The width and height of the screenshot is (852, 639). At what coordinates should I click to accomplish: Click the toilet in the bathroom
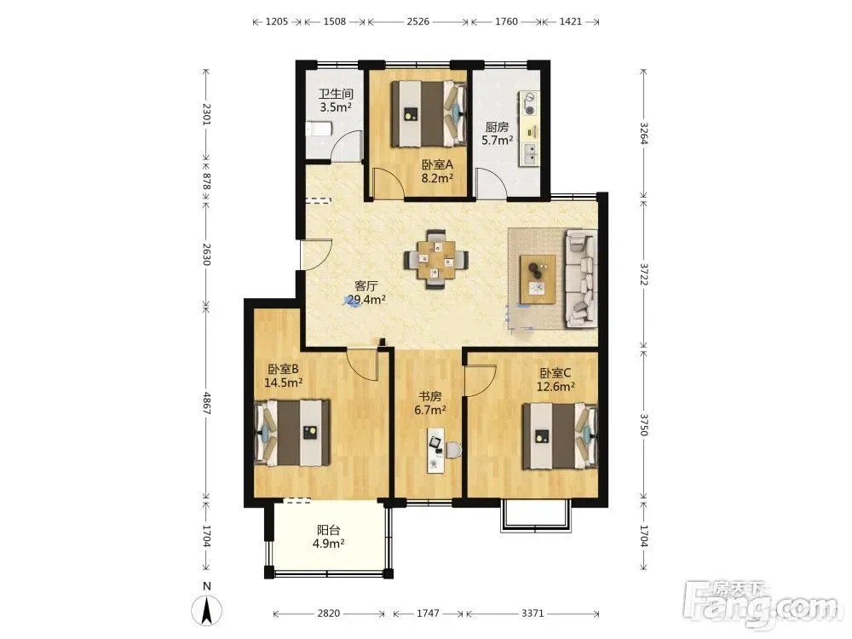tap(319, 130)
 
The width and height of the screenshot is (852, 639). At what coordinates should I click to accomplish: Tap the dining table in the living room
tap(436, 259)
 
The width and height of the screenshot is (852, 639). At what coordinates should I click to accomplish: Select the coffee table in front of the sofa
tap(538, 279)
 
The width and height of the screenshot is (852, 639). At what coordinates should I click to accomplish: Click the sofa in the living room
tap(581, 279)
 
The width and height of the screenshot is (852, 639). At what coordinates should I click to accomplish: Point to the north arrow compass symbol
tap(206, 610)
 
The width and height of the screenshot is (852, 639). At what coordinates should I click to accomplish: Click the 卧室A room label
tap(437, 164)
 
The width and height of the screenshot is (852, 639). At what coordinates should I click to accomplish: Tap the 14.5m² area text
tap(283, 383)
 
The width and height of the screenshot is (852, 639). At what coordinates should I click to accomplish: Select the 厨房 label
tap(497, 127)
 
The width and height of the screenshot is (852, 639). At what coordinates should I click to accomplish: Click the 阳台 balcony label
tap(328, 530)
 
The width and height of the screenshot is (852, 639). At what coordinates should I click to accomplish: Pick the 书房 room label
tap(429, 397)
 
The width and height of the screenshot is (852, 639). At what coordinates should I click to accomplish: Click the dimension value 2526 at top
tap(417, 22)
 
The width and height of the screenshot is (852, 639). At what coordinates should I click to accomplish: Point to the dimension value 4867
tap(206, 403)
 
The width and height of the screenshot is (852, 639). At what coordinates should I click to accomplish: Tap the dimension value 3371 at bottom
tap(532, 613)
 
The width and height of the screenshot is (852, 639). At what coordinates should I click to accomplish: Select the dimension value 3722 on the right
tap(644, 275)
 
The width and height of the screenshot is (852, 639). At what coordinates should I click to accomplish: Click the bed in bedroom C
tap(561, 435)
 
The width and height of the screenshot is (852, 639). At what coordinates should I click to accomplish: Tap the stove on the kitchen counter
tap(529, 104)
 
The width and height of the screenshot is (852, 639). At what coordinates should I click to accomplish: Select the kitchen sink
tap(529, 154)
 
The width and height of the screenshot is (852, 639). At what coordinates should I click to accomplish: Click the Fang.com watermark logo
tap(760, 605)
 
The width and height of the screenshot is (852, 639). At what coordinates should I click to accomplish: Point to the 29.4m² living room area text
tap(366, 299)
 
